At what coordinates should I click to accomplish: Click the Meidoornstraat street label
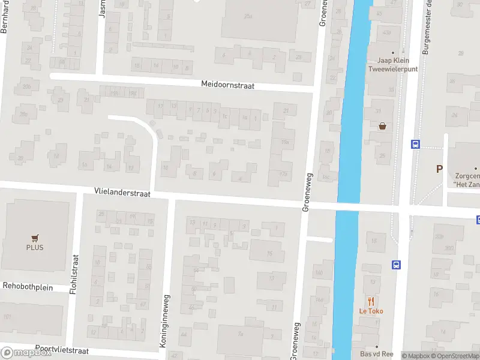228,86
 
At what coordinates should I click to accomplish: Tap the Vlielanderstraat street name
122,191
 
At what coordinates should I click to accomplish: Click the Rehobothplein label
28,287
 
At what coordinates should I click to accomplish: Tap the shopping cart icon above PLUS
35,238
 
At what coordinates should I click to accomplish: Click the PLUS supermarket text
34,247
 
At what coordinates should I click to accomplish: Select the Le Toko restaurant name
371,311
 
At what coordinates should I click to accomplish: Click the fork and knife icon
371,301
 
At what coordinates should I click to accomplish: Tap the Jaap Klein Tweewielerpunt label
392,64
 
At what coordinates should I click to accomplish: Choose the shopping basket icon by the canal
382,126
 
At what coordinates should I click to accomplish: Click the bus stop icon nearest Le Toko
396,265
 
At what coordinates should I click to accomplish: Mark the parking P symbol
440,169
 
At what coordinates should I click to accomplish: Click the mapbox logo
26,352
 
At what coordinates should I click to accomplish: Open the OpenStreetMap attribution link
455,356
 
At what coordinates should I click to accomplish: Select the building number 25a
248,16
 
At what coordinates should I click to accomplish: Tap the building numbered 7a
241,334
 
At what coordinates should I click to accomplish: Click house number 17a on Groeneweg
283,174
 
